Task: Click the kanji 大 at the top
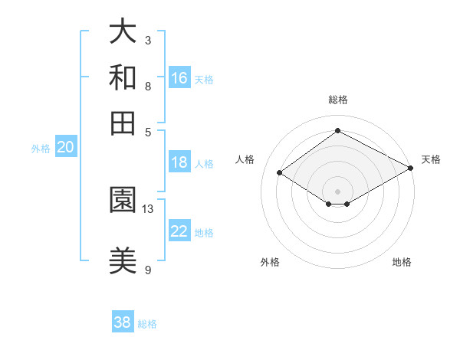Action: click(x=123, y=33)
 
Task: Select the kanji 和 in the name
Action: click(x=123, y=77)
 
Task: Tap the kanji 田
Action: click(x=123, y=122)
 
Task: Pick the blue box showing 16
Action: click(x=179, y=78)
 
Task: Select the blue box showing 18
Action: click(x=179, y=162)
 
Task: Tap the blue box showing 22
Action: click(x=179, y=231)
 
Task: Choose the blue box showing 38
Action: click(x=123, y=322)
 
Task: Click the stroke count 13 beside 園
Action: click(x=148, y=208)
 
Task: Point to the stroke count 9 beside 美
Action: click(x=148, y=269)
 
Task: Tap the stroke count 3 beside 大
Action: click(x=148, y=40)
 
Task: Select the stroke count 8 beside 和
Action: click(x=148, y=85)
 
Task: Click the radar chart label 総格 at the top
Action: click(x=337, y=100)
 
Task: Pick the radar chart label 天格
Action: click(x=431, y=159)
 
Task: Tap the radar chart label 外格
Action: click(x=270, y=262)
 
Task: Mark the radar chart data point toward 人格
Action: click(x=280, y=173)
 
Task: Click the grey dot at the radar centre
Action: click(x=337, y=190)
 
